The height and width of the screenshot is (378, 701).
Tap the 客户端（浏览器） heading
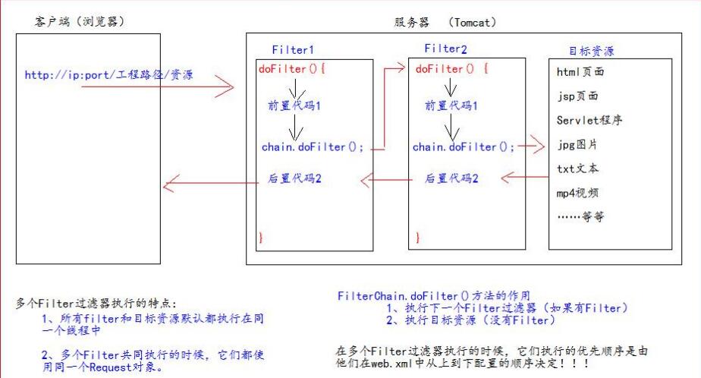coord(79,23)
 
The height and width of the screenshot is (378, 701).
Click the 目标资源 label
coord(591,52)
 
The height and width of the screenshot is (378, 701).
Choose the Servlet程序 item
coord(589,120)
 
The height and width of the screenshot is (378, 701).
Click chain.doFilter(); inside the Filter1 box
coord(312,147)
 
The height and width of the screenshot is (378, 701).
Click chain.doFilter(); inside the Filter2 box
coord(464,147)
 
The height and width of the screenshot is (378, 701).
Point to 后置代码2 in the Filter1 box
coord(295,179)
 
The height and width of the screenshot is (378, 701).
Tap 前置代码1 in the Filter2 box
coord(451,106)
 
